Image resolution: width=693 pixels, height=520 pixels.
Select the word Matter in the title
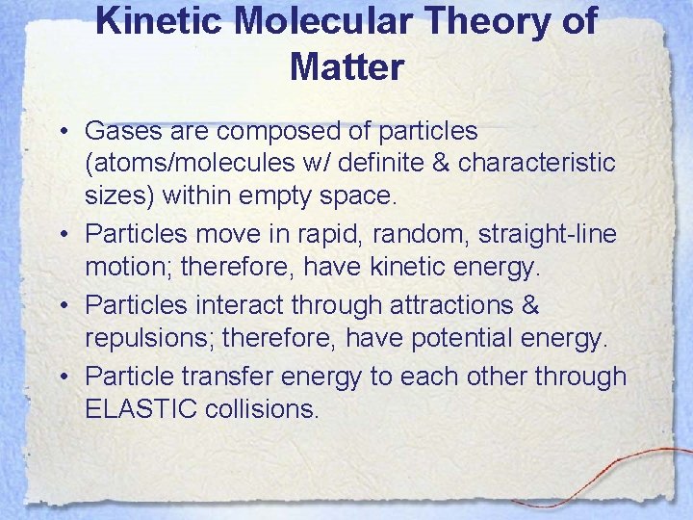[346, 66]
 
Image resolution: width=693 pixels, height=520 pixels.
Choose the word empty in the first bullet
[291, 196]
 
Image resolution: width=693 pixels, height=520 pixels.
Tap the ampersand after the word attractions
[529, 305]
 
